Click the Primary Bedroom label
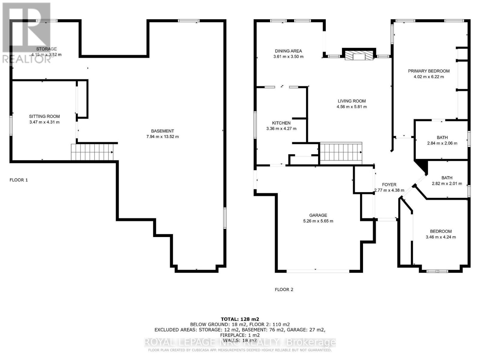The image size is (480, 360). (x=429, y=71)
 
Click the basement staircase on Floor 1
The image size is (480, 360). (x=92, y=152)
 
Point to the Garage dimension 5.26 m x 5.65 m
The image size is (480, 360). (x=318, y=221)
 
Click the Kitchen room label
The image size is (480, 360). (x=281, y=123)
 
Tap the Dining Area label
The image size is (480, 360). (x=288, y=51)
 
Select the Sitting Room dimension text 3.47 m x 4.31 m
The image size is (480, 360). (x=44, y=122)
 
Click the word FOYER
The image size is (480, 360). (x=389, y=185)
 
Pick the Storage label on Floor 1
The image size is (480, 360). (x=46, y=49)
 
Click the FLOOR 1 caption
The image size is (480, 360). (x=19, y=180)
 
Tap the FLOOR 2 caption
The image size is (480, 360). (x=284, y=289)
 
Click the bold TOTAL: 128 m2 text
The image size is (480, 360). (x=240, y=319)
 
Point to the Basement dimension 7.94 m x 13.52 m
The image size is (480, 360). (x=162, y=136)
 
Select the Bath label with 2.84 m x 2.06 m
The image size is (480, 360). (x=442, y=137)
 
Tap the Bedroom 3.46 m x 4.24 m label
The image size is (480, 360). (x=441, y=231)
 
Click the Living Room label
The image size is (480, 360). (x=352, y=101)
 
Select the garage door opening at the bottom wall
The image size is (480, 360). (x=318, y=271)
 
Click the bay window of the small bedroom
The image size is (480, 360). (x=437, y=271)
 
